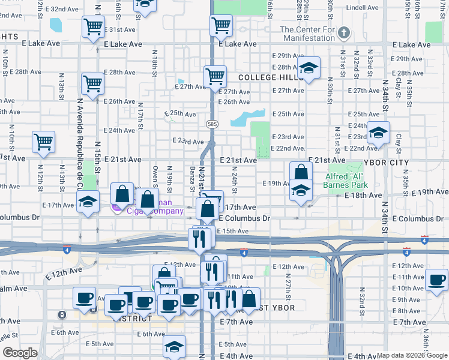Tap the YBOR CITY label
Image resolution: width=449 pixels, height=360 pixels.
[385, 163]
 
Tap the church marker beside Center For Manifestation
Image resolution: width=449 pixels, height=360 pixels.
[344, 32]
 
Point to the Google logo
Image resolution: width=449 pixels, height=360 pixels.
[19, 353]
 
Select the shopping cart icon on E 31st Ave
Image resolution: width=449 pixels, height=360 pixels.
[94, 27]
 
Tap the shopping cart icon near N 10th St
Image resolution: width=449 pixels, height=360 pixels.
[44, 143]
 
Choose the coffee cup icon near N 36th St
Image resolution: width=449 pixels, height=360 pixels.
[436, 280]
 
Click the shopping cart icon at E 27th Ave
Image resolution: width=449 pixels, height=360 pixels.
[215, 76]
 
